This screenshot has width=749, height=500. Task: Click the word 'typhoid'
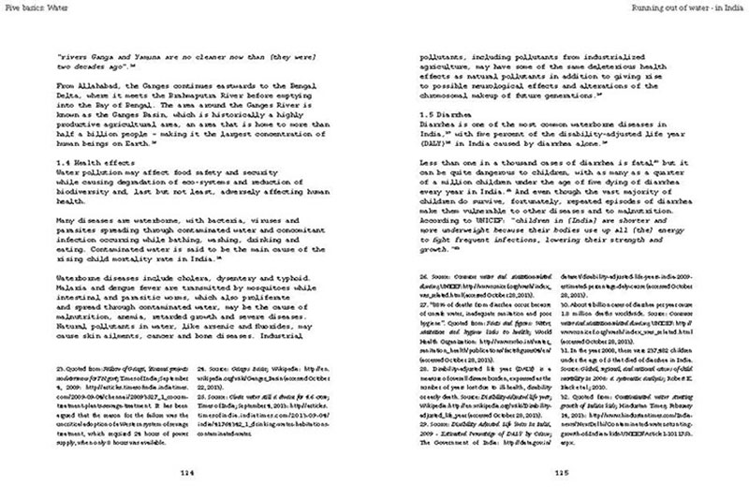pos(271,279)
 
